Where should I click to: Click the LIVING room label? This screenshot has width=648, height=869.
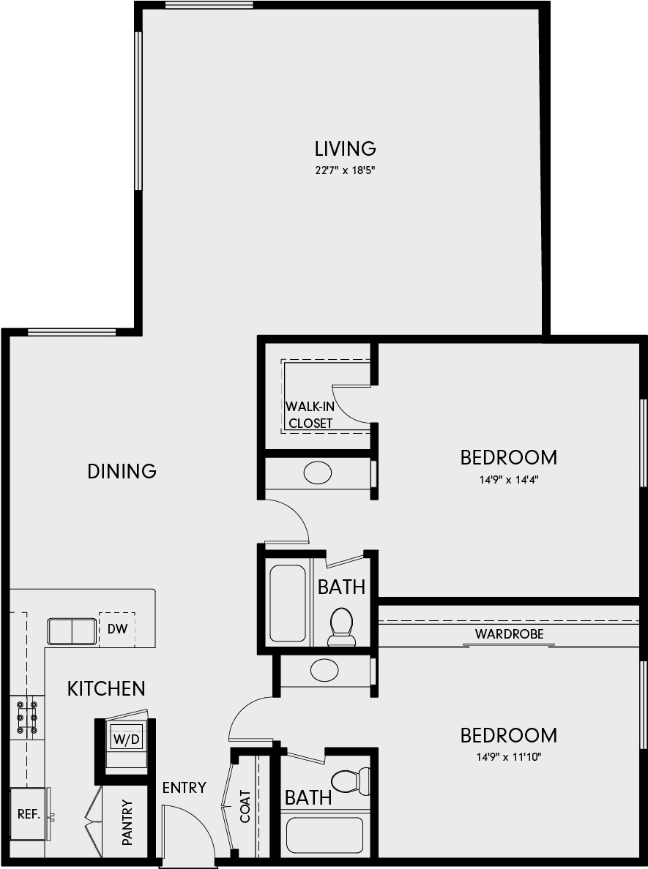pos(345,148)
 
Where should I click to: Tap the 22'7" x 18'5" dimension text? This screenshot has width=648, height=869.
pos(345,170)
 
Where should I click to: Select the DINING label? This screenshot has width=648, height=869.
pos(122,471)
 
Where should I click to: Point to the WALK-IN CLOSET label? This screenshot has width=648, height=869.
pos(310,415)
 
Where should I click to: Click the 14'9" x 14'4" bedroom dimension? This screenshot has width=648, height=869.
pos(509,480)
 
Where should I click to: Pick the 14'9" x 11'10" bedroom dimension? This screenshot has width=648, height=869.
pos(509,757)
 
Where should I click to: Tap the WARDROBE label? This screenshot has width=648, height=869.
pos(510,633)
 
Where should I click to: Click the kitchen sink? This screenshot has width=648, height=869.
pos(72,631)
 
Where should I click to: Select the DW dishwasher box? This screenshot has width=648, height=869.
pos(117,629)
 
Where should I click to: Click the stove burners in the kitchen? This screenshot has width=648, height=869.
pos(27,718)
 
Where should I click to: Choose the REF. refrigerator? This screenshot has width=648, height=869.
pos(29,815)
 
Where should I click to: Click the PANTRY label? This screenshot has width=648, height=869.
pos(127,822)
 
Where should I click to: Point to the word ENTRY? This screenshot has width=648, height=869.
pos(185,788)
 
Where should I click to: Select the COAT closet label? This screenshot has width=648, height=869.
pos(245,806)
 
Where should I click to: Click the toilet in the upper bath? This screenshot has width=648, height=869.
pos(341,627)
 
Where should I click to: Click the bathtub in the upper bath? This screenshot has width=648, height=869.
pos(288,603)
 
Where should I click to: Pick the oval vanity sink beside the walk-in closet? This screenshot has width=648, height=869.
pos(318,473)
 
